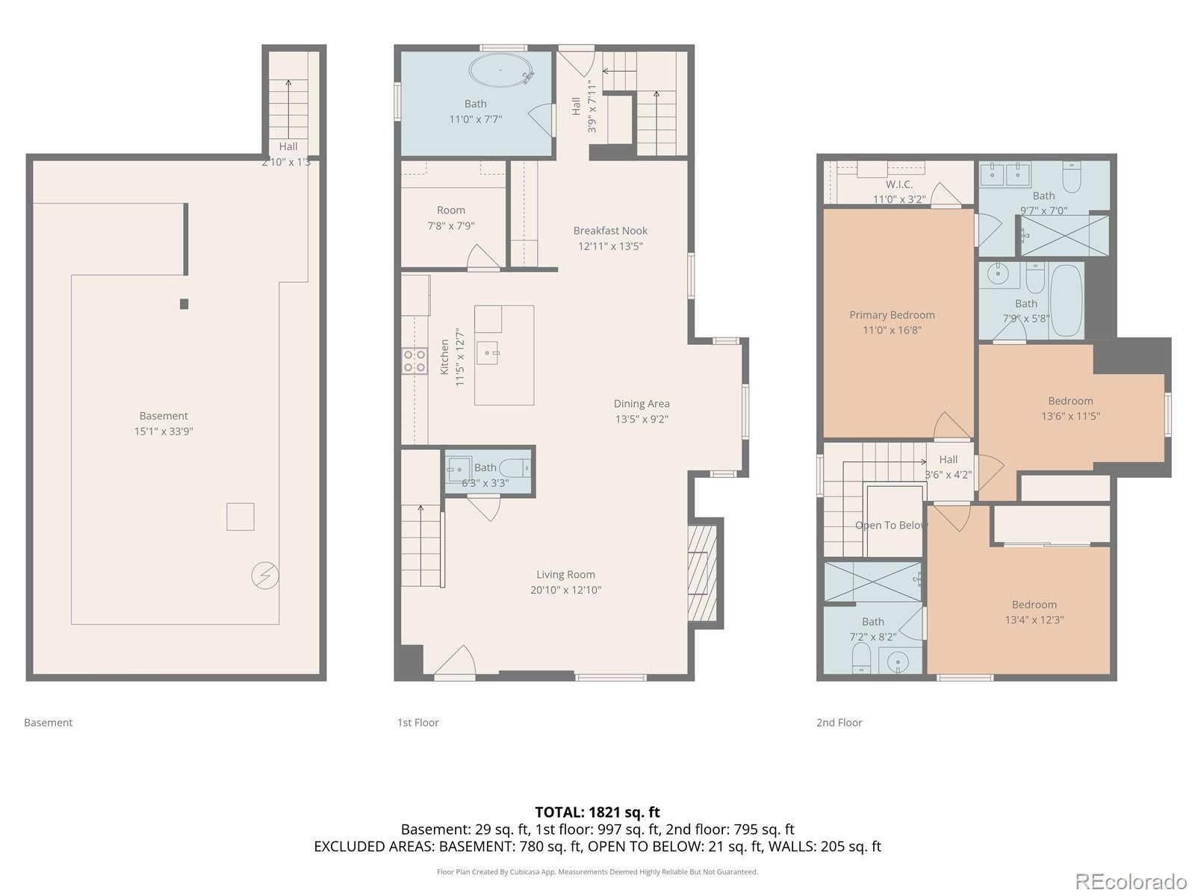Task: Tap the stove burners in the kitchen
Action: coord(415,361)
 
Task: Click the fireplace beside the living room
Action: coord(702,572)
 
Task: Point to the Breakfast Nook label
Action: coord(610,231)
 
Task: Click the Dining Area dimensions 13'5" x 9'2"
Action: coord(642,419)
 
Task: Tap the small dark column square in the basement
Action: coord(184,304)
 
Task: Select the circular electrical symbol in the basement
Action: coord(265,575)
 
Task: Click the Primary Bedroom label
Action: coord(892,315)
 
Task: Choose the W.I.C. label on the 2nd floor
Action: coord(899,184)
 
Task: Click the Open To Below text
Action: coord(891,525)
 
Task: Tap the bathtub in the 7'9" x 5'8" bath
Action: coord(1067,301)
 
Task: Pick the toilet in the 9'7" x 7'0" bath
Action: coord(1073,177)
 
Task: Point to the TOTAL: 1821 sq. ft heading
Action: coord(597,812)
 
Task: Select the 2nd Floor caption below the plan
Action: coord(839,722)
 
